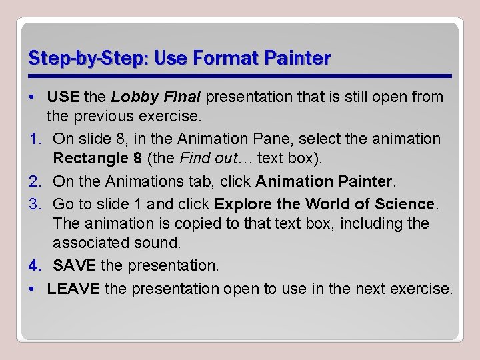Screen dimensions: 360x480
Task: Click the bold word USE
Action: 63,97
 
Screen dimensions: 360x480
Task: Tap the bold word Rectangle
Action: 85,159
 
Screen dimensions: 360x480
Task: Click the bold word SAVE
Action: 74,265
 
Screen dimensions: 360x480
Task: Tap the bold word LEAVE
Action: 73,289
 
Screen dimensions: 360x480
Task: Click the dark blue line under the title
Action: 240,75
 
